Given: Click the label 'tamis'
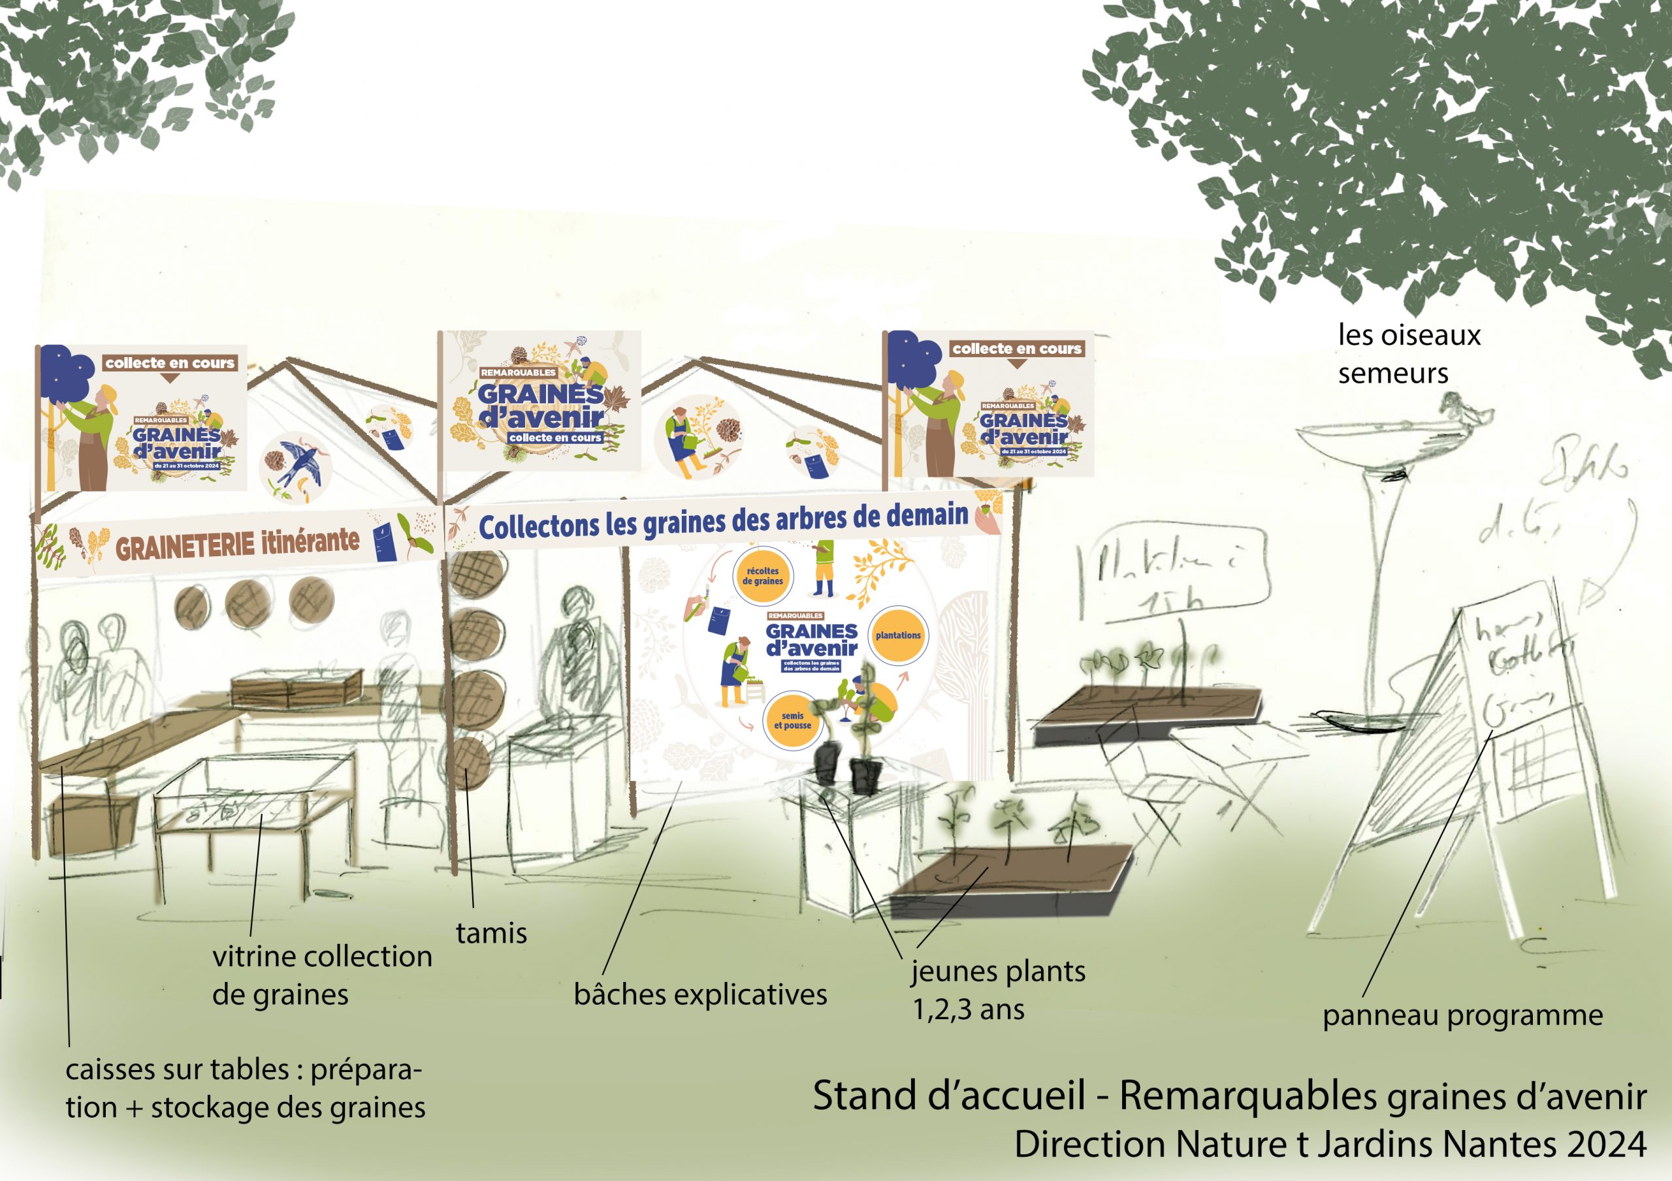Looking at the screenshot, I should [x=490, y=934].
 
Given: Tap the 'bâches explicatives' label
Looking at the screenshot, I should [x=699, y=994].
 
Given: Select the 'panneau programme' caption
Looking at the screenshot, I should [x=1462, y=1015].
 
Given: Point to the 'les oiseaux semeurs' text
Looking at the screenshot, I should [x=1408, y=354].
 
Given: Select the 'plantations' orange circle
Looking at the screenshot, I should [x=898, y=636].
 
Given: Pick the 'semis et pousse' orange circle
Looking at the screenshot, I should [x=792, y=721].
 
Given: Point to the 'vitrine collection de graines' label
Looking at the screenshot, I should [x=321, y=975].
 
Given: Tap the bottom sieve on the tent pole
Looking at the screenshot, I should [x=470, y=763].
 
